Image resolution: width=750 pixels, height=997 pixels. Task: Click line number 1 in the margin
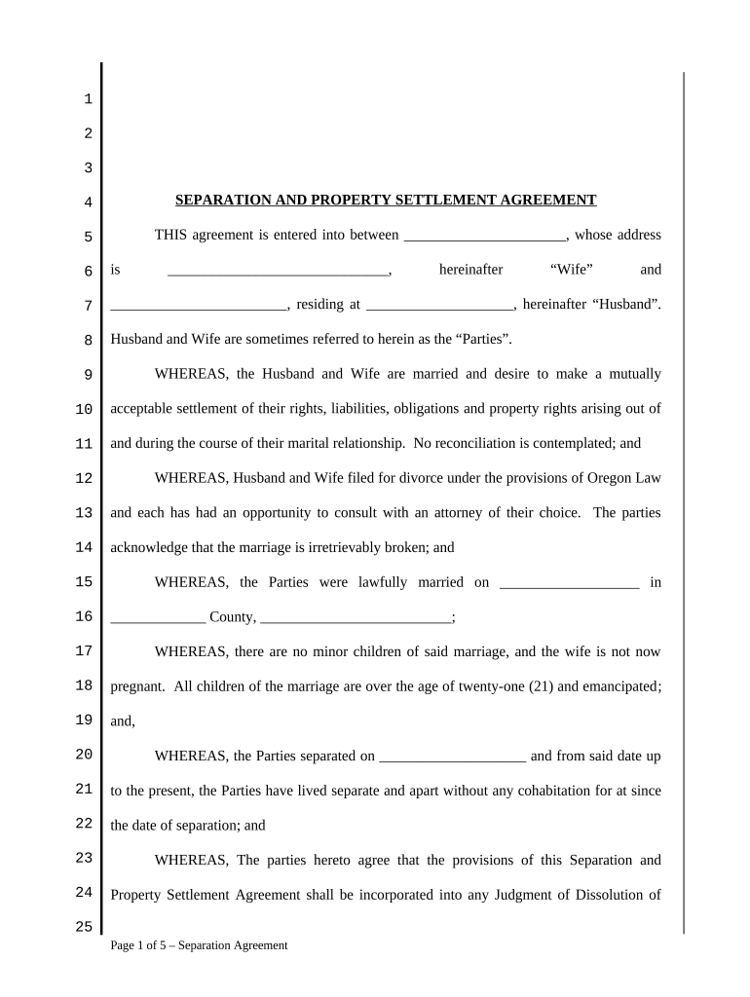[x=88, y=99]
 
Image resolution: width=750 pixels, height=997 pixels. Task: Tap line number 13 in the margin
[x=84, y=513]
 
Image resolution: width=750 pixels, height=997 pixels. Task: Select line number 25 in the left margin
[x=84, y=927]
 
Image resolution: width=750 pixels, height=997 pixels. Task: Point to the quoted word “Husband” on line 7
[x=626, y=305]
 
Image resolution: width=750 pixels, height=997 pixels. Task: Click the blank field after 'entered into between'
[x=484, y=236]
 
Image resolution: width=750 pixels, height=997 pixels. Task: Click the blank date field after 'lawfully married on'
[x=569, y=582]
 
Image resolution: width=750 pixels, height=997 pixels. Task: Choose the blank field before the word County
[x=158, y=617]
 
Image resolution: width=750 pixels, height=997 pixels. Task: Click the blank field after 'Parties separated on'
[x=452, y=756]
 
